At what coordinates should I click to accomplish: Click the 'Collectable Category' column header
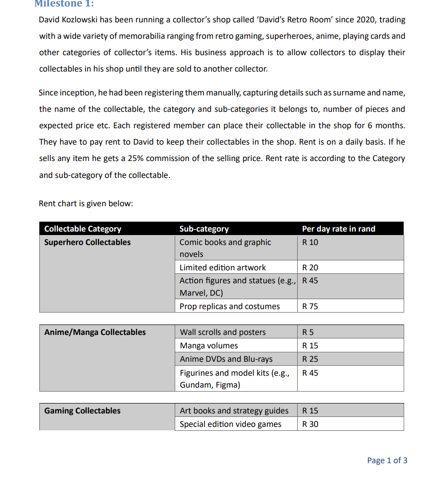[83, 229]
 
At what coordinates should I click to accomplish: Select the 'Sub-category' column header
[204, 229]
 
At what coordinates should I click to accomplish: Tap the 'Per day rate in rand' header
[338, 229]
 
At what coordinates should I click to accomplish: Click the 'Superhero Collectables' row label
[88, 243]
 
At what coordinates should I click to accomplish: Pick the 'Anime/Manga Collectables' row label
[95, 332]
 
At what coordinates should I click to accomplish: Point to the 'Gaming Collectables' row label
[83, 410]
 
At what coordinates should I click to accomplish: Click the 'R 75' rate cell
[310, 306]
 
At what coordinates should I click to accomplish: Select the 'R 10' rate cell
[310, 243]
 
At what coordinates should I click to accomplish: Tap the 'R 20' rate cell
[310, 267]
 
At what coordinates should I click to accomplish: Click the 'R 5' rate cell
[308, 332]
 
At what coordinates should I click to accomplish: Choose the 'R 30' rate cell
[310, 424]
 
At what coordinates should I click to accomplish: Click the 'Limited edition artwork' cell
[222, 267]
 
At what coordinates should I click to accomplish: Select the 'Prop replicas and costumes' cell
[229, 306]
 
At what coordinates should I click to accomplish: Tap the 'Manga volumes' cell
[209, 345]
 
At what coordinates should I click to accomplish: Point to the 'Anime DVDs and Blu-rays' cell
[226, 359]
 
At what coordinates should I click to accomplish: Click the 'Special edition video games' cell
[230, 424]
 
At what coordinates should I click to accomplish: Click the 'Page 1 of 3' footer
[387, 460]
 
